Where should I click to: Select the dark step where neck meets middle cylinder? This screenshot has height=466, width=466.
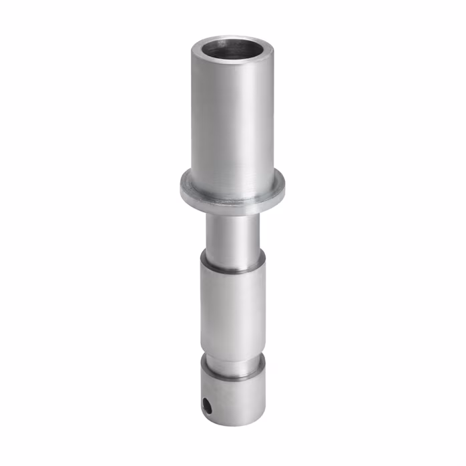[231, 268]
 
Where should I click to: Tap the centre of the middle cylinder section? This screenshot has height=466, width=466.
[232, 307]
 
